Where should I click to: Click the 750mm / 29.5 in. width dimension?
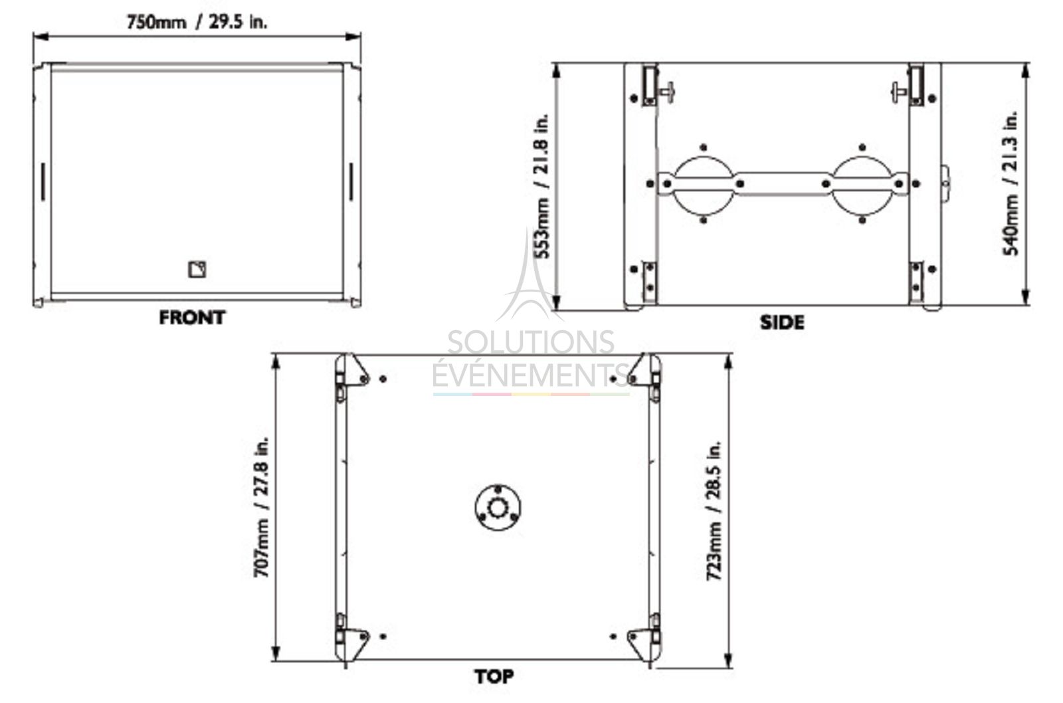click(197, 22)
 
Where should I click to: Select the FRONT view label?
click(192, 318)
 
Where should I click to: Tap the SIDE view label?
click(782, 322)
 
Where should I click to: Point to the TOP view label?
click(494, 676)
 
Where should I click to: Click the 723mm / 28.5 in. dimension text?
click(714, 510)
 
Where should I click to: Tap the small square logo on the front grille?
click(197, 269)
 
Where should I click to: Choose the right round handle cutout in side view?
click(862, 184)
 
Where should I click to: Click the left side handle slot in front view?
click(42, 181)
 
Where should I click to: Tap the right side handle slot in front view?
click(351, 181)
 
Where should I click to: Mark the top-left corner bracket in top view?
click(351, 372)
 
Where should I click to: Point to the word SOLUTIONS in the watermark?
click(530, 342)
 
